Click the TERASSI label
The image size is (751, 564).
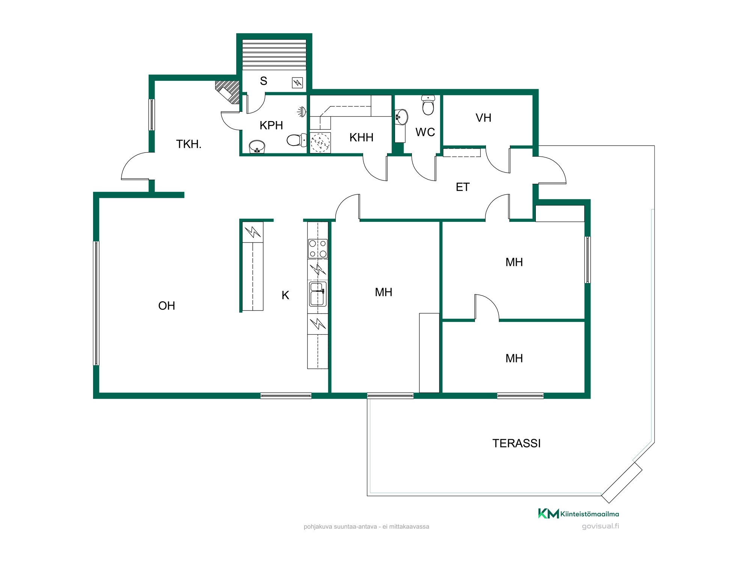(x=516, y=443)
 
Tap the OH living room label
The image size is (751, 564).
(x=167, y=306)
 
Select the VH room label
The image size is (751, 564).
(x=483, y=118)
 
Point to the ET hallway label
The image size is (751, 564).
(x=463, y=187)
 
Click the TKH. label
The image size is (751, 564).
(x=189, y=144)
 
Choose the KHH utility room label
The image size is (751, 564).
(x=361, y=138)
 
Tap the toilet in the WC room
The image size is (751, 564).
(x=428, y=105)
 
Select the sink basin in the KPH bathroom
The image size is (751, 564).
(x=257, y=147)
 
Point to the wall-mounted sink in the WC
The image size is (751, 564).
(x=401, y=117)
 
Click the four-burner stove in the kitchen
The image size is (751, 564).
(x=318, y=249)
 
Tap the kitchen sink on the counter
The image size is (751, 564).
(x=317, y=294)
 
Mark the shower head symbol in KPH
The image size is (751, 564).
(x=302, y=112)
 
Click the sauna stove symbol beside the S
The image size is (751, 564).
(x=297, y=83)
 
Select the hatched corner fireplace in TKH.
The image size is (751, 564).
(x=228, y=92)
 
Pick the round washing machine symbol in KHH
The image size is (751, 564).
(x=320, y=143)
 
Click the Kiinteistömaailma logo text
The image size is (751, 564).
(x=590, y=514)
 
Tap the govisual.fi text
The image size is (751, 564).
(x=600, y=526)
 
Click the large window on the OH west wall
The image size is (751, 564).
(x=96, y=303)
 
